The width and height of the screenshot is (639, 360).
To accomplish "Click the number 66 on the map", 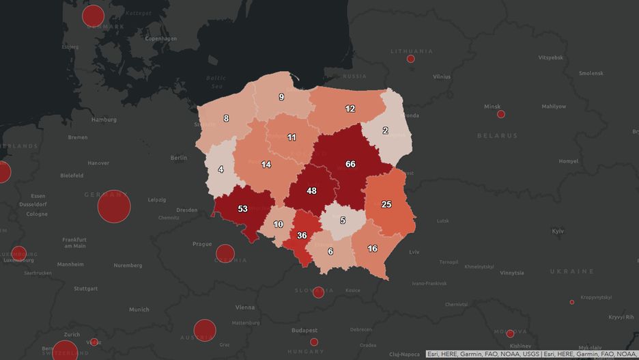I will click(x=350, y=164).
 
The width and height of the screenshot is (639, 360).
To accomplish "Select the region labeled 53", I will click(x=242, y=208).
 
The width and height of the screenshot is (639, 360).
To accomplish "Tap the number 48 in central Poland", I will click(x=311, y=191).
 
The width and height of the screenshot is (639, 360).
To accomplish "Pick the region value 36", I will click(x=302, y=236).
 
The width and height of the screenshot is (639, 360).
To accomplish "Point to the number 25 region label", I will click(x=386, y=204).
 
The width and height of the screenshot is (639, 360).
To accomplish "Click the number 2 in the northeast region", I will click(x=385, y=130).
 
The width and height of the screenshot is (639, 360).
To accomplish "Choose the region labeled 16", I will click(x=372, y=249).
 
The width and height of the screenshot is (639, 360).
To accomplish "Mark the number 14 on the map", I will click(x=266, y=165).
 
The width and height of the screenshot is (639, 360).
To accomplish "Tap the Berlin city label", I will click(x=178, y=158).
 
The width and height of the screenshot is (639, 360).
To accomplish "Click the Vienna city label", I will click(x=244, y=307).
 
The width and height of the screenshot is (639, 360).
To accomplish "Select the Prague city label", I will click(x=202, y=244).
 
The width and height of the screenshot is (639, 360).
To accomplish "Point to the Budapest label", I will click(x=304, y=330).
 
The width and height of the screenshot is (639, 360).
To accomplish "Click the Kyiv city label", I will click(x=558, y=232).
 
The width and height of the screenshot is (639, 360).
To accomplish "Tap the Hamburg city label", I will click(x=104, y=120).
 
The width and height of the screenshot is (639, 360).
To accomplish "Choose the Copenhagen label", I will click(x=161, y=39).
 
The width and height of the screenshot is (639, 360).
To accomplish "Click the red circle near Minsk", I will click(x=501, y=114).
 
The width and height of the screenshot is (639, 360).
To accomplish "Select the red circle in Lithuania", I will click(x=411, y=59).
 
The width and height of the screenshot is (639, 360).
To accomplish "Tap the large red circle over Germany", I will click(x=114, y=206).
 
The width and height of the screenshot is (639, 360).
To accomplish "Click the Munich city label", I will click(x=139, y=309).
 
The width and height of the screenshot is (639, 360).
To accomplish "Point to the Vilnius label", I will click(x=441, y=77).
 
